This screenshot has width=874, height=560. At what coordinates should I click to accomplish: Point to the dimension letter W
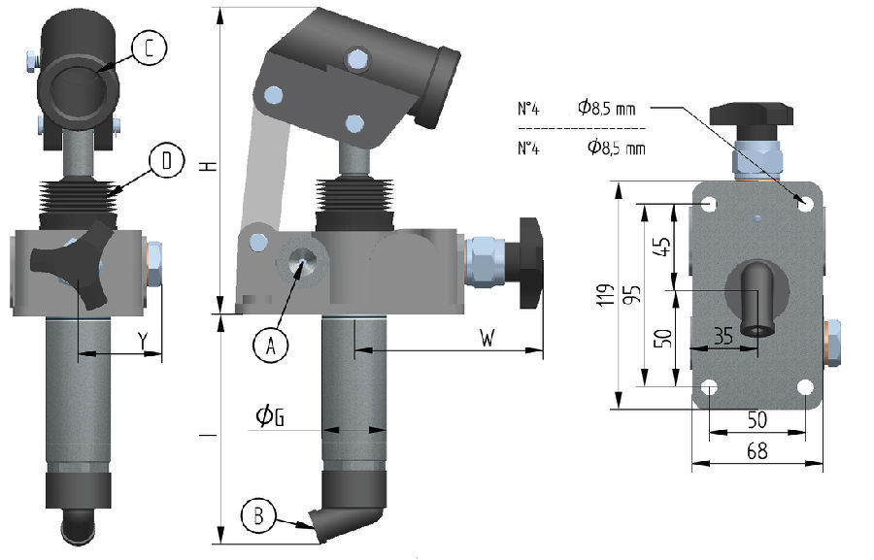tap(488, 338)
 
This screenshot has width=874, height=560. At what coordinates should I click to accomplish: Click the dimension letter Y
tap(142, 342)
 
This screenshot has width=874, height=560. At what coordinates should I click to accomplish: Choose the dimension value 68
tap(757, 451)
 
